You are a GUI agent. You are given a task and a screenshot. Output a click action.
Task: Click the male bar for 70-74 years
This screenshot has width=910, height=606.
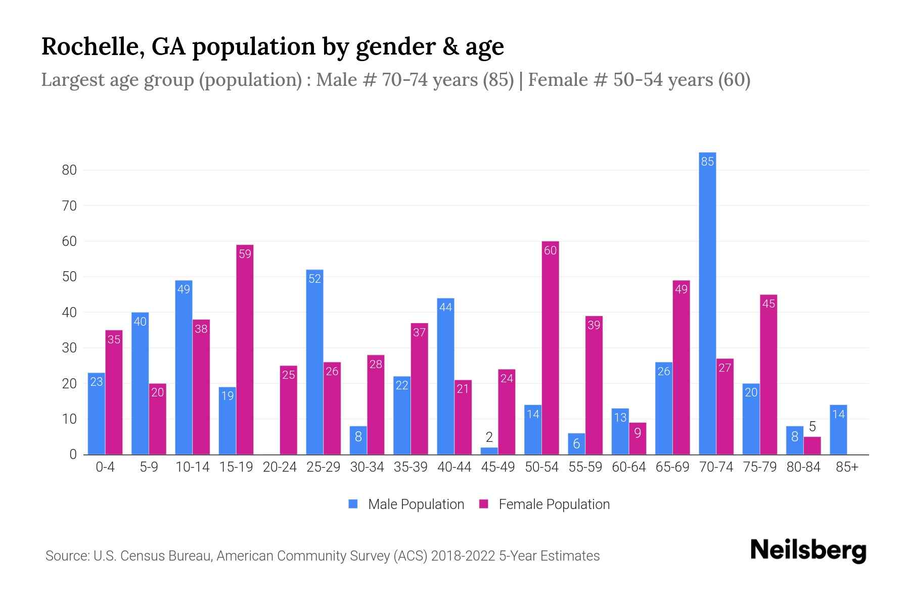[707, 303]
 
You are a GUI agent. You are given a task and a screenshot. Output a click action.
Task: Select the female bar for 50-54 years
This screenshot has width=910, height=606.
[550, 348]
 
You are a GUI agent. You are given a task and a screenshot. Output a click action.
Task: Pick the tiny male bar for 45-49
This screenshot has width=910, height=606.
[489, 451]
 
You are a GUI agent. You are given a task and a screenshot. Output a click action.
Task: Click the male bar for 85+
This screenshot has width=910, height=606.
[838, 430]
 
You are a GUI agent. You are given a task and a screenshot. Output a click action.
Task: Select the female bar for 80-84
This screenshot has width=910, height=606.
[812, 445]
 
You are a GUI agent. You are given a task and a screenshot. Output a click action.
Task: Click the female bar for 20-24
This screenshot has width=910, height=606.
[288, 410]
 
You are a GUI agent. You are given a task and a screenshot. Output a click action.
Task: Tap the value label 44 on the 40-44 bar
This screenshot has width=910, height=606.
[445, 307]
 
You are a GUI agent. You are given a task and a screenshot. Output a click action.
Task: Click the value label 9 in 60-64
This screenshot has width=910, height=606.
[638, 433]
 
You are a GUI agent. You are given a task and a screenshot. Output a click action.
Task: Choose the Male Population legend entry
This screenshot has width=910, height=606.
[406, 504]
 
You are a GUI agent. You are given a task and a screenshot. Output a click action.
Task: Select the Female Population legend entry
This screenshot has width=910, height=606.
[544, 504]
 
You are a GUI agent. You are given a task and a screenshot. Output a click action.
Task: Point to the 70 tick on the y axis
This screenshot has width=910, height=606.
[69, 206]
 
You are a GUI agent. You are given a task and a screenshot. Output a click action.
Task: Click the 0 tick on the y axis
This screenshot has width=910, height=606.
[73, 454]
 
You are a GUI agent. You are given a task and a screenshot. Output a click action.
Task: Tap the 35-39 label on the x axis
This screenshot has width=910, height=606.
[411, 467]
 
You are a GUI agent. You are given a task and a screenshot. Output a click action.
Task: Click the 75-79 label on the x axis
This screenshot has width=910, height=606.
[759, 467]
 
